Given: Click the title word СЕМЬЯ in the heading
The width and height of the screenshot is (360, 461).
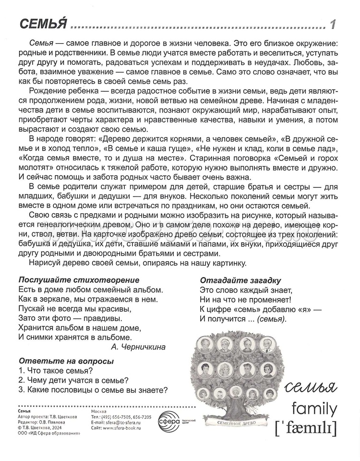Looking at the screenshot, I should click(41, 24).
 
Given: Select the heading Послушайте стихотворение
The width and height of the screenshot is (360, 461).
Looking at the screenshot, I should click(79, 279).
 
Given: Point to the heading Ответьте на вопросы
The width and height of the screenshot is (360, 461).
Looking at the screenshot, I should click(66, 361).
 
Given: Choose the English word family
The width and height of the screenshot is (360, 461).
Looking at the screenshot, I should click(314, 409).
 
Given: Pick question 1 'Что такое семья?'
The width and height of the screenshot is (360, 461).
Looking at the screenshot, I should click(54, 370).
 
